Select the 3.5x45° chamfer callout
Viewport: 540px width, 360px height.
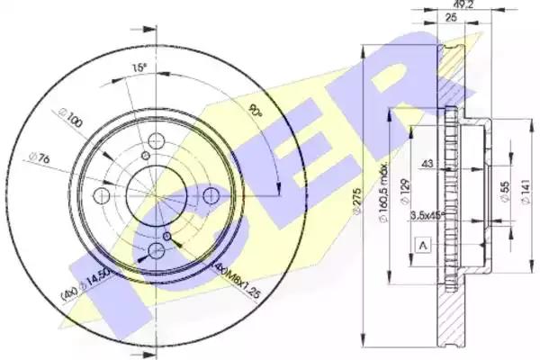(x=427, y=215)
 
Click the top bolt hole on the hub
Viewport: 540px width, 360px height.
(x=154, y=141)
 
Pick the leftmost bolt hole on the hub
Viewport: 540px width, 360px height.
(x=102, y=195)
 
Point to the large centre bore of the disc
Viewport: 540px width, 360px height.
(x=155, y=194)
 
